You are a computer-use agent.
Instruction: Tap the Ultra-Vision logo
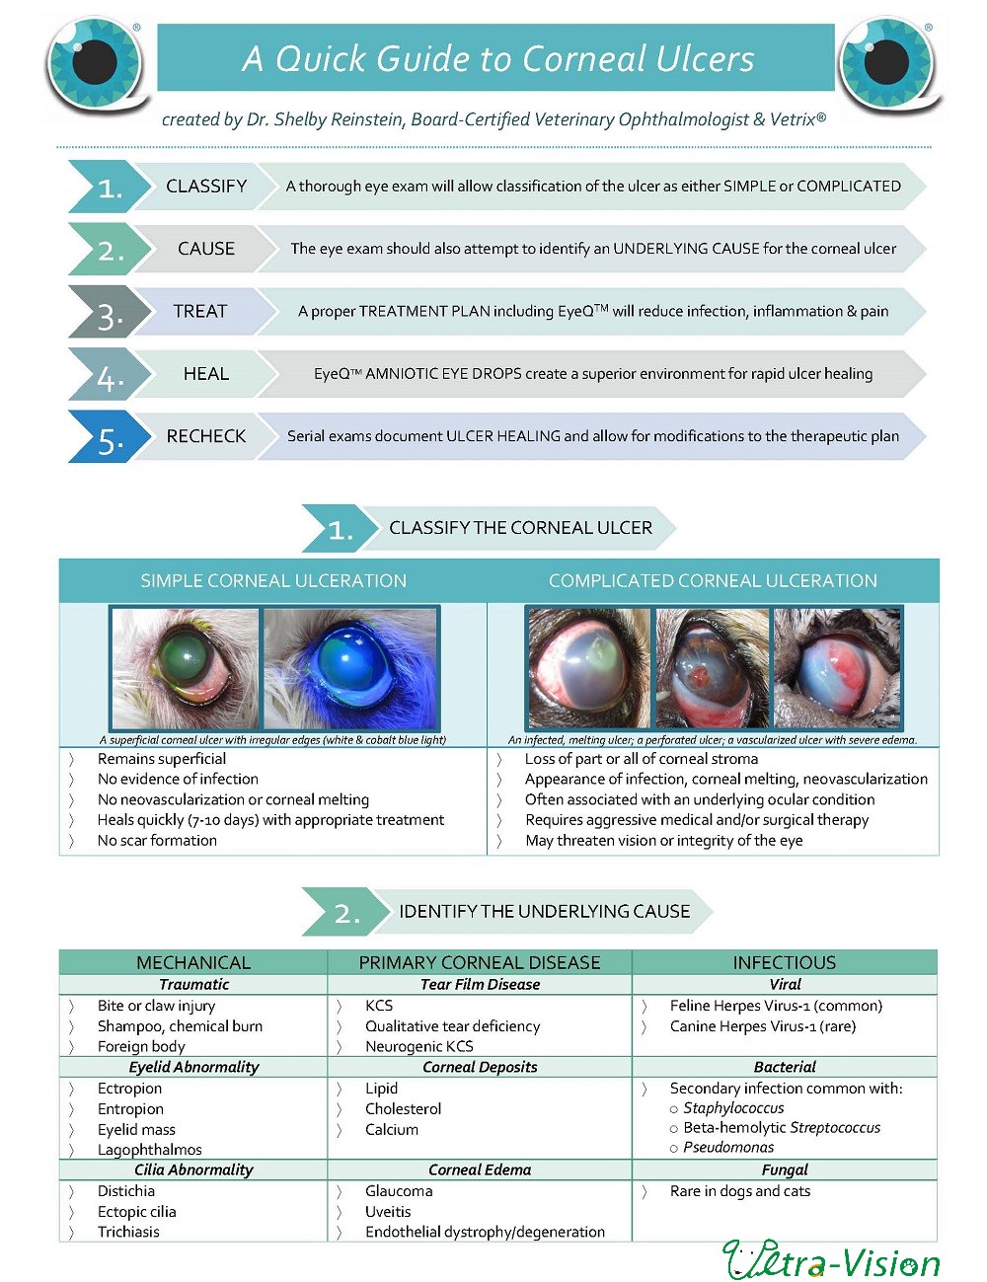831,1258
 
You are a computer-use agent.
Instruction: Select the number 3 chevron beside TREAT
110,312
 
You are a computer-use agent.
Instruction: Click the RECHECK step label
206,436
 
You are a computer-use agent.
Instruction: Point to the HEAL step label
206,373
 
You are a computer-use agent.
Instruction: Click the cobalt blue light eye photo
350,669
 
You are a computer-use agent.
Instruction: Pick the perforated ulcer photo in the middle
712,669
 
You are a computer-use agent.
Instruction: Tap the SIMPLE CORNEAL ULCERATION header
273,580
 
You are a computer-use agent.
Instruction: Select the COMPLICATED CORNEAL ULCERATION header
713,580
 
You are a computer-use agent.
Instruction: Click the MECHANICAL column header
193,962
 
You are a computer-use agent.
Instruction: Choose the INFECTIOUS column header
784,962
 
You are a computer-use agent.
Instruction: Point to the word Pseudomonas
728,1147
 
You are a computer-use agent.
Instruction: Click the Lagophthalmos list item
149,1149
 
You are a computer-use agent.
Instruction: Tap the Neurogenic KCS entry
418,1046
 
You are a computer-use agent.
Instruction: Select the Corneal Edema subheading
480,1169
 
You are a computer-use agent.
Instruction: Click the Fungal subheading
785,1169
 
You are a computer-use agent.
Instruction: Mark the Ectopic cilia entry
137,1211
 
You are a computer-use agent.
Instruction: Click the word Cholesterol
403,1108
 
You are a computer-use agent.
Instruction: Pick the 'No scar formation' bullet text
157,840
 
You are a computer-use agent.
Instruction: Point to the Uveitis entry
388,1211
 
